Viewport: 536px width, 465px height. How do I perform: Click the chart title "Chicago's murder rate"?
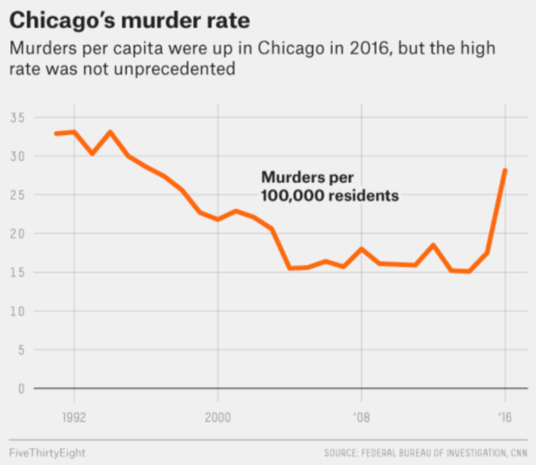(x=114, y=18)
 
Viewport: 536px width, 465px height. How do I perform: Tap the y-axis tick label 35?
(x=16, y=118)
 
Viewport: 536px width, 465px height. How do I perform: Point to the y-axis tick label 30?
(x=16, y=157)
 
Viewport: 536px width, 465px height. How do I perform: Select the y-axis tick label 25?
(x=16, y=195)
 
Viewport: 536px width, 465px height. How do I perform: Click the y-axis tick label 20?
(x=16, y=234)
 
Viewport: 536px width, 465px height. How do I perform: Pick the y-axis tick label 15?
(x=16, y=272)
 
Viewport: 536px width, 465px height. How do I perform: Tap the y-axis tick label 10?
(x=16, y=311)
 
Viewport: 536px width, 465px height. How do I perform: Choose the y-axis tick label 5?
(x=19, y=349)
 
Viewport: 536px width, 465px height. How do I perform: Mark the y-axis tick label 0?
(x=19, y=388)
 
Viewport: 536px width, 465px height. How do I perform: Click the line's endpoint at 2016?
(x=505, y=171)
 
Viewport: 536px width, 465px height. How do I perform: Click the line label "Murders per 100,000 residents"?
(x=330, y=186)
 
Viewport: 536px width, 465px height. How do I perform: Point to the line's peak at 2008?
(x=362, y=249)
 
